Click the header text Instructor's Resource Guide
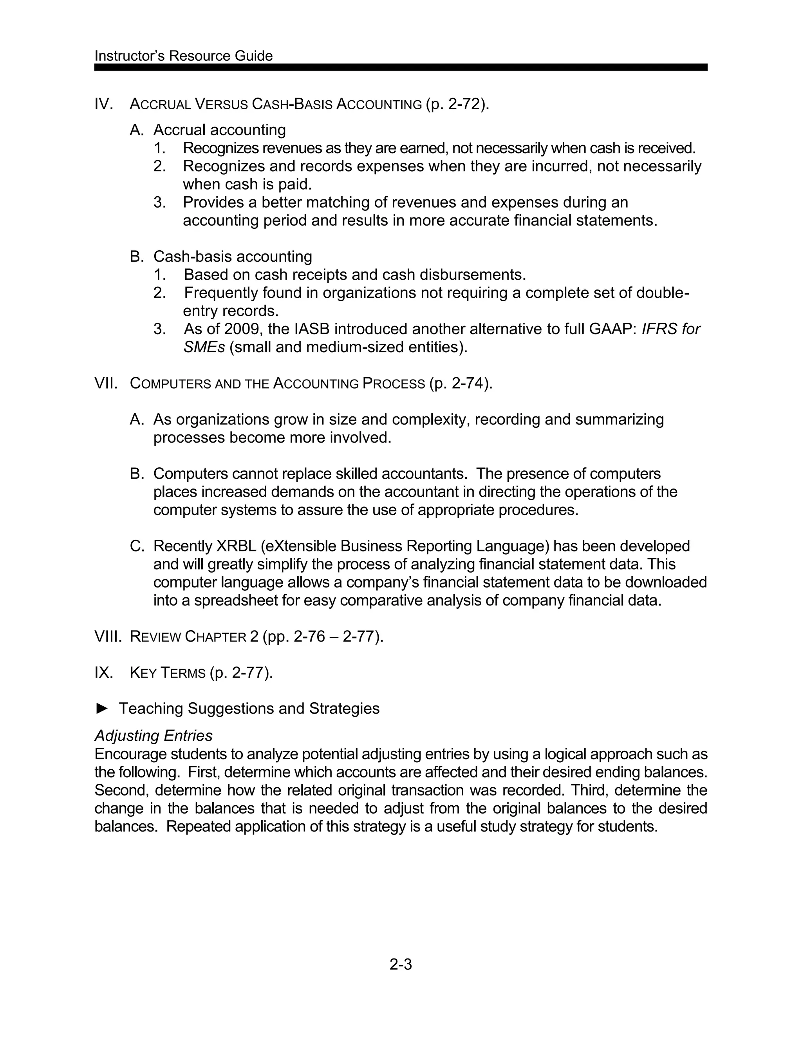(183, 56)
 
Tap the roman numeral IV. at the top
(103, 104)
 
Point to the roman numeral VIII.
(108, 637)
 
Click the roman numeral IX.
(103, 673)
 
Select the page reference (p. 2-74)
(461, 383)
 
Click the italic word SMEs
(204, 347)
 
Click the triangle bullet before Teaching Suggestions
(102, 709)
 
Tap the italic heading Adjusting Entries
(154, 736)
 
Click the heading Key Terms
(168, 673)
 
